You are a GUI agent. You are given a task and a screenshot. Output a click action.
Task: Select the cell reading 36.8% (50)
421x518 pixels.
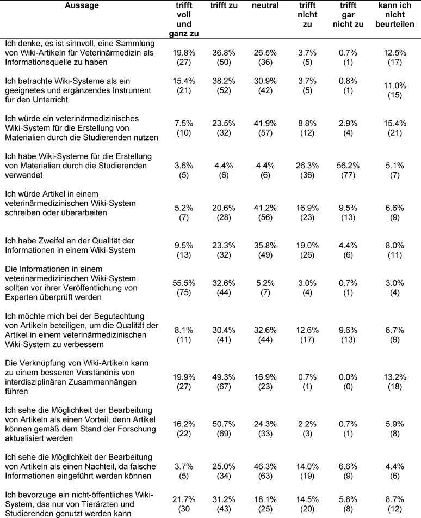click(x=220, y=56)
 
